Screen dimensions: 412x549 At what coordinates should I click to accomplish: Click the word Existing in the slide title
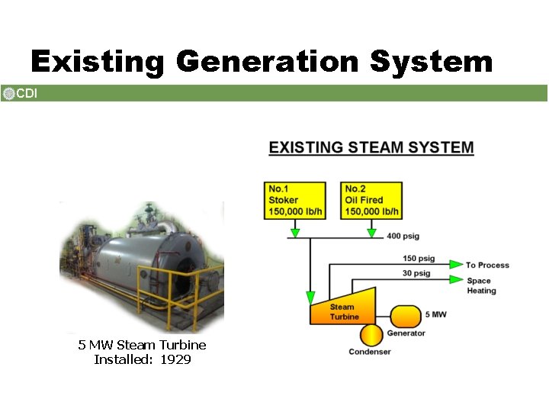[97, 62]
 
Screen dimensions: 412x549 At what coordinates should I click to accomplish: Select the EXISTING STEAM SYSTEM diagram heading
[371, 147]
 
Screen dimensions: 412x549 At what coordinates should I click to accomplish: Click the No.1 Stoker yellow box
[294, 201]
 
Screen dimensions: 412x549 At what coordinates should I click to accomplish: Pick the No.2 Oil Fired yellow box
[371, 201]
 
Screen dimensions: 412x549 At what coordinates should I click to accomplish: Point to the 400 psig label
[403, 237]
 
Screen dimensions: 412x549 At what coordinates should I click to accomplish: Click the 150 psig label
[419, 259]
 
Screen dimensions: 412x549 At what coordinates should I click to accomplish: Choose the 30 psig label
[416, 273]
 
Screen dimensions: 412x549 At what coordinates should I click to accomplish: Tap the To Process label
[487, 265]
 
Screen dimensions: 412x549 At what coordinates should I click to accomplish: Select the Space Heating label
[481, 285]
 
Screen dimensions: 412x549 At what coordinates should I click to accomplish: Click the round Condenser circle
[371, 335]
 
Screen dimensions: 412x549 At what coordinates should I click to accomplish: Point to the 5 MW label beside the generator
[436, 314]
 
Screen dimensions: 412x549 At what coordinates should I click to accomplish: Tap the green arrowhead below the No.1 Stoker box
[294, 232]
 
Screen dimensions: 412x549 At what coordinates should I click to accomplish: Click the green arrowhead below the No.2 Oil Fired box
[371, 232]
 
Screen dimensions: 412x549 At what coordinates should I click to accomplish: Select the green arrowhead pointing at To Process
[455, 264]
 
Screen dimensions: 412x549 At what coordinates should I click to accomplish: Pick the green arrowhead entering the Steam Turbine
[310, 297]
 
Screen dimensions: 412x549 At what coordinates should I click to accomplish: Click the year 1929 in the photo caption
[176, 359]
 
